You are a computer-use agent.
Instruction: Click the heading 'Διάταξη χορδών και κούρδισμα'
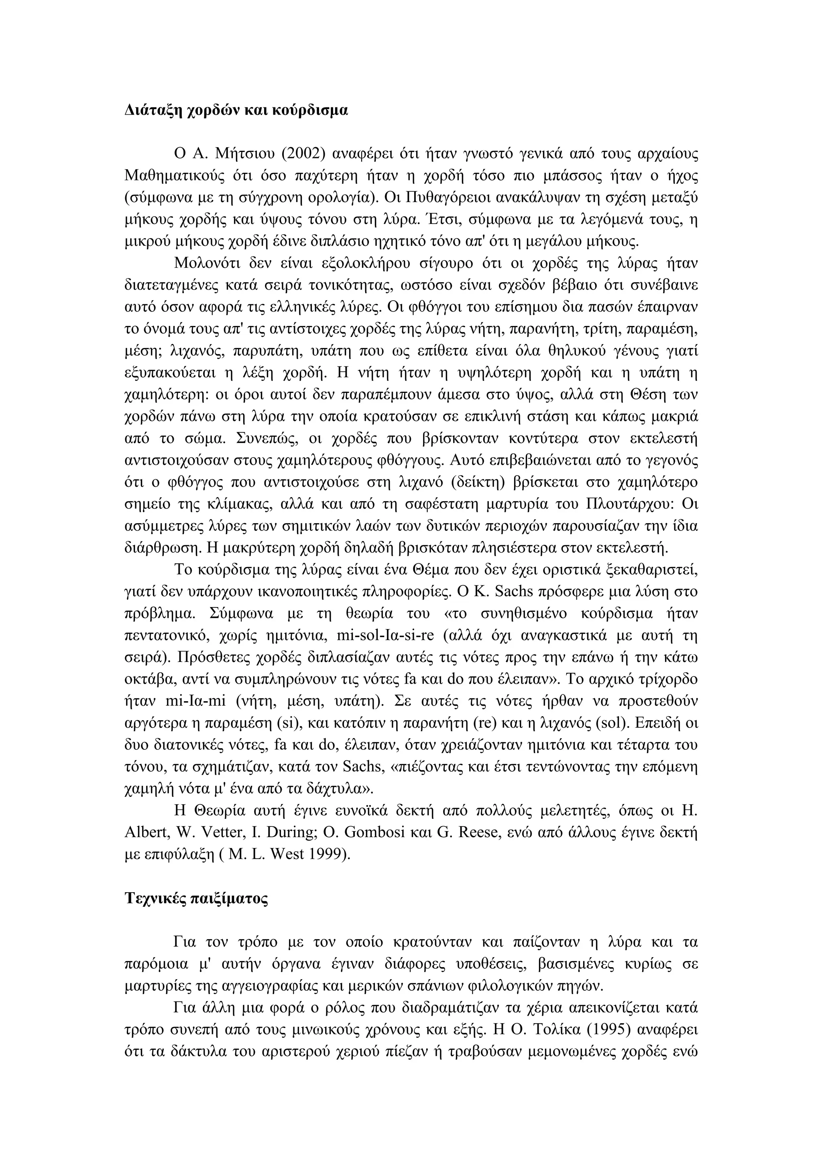(236, 110)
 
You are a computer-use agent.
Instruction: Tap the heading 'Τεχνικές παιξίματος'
(196, 898)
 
